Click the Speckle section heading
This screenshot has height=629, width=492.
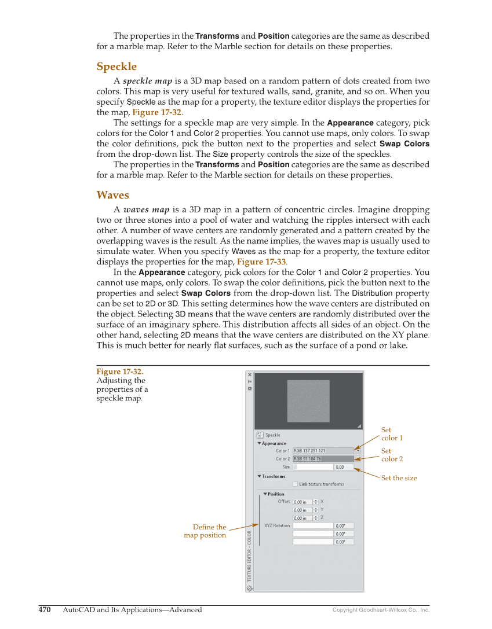116,67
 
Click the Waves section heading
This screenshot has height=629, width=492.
112,195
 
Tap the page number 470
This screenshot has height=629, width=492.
45,610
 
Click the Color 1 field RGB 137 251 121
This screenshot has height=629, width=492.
323,451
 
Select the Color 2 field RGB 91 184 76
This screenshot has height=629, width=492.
323,459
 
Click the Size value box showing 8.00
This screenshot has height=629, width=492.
344,467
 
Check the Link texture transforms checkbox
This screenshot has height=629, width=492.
296,484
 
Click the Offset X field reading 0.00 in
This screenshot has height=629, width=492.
303,502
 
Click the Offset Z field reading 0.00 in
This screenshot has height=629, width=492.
303,518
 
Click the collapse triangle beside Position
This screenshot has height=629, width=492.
265,494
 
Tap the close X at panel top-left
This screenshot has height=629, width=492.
250,375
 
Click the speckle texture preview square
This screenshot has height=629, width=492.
308,401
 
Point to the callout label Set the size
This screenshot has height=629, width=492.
399,478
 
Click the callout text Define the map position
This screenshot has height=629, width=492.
205,531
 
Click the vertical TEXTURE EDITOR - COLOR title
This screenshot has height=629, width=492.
250,556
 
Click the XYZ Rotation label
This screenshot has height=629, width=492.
277,526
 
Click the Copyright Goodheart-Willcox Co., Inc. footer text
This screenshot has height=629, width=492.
381,610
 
